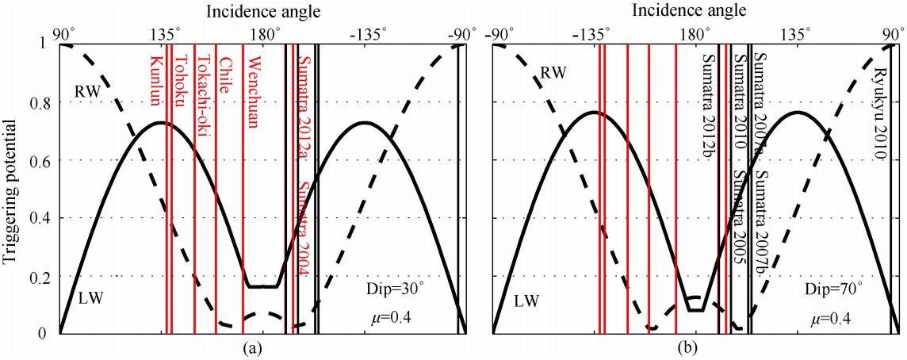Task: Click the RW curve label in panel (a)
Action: [x=89, y=90]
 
